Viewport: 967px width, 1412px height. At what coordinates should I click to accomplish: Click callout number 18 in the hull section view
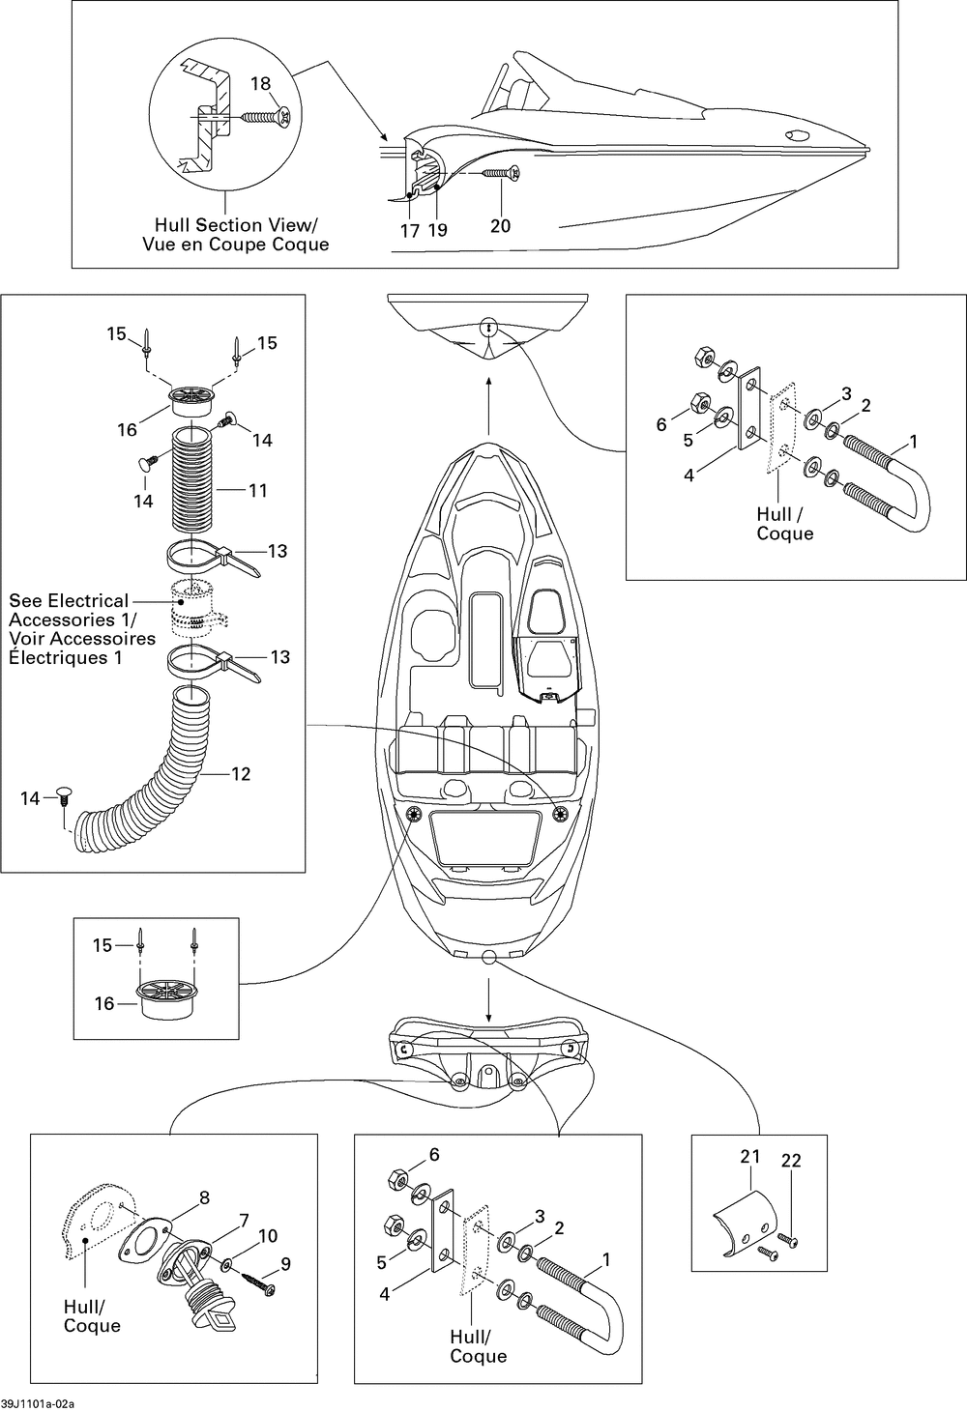260,83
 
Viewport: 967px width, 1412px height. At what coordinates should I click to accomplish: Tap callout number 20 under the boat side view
500,225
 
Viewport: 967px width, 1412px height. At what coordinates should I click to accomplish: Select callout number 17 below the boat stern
410,231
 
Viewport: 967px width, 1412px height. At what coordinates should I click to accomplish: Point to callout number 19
438,230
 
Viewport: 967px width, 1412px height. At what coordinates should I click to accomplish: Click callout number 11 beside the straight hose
258,490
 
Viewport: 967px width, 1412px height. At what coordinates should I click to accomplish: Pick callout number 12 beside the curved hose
241,773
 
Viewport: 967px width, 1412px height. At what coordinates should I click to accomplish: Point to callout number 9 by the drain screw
268,1235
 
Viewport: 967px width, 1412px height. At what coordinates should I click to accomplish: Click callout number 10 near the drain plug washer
244,1220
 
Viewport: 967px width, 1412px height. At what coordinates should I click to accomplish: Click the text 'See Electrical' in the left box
69,601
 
